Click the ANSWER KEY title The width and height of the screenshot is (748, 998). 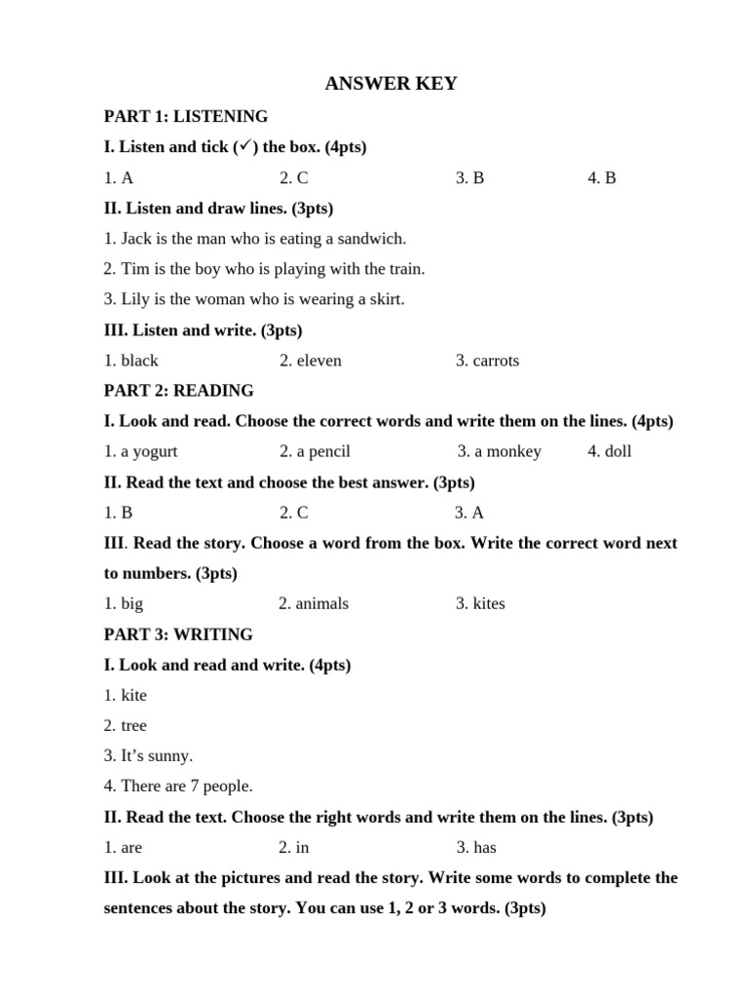coord(391,84)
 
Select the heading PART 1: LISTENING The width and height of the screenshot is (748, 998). coord(185,116)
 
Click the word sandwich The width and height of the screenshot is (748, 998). coord(375,238)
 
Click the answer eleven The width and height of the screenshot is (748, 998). coord(318,361)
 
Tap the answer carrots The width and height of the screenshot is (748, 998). coord(496,361)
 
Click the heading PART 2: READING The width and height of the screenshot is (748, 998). coord(178,391)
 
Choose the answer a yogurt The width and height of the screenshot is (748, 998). coord(149,451)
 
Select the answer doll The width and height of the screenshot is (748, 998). coord(617,451)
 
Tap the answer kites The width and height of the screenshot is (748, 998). coord(489,603)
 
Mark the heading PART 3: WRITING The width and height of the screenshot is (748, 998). coord(178,634)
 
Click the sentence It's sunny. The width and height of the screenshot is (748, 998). coord(157,755)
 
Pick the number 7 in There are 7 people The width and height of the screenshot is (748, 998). coord(195,787)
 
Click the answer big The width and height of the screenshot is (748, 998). coord(131,603)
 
